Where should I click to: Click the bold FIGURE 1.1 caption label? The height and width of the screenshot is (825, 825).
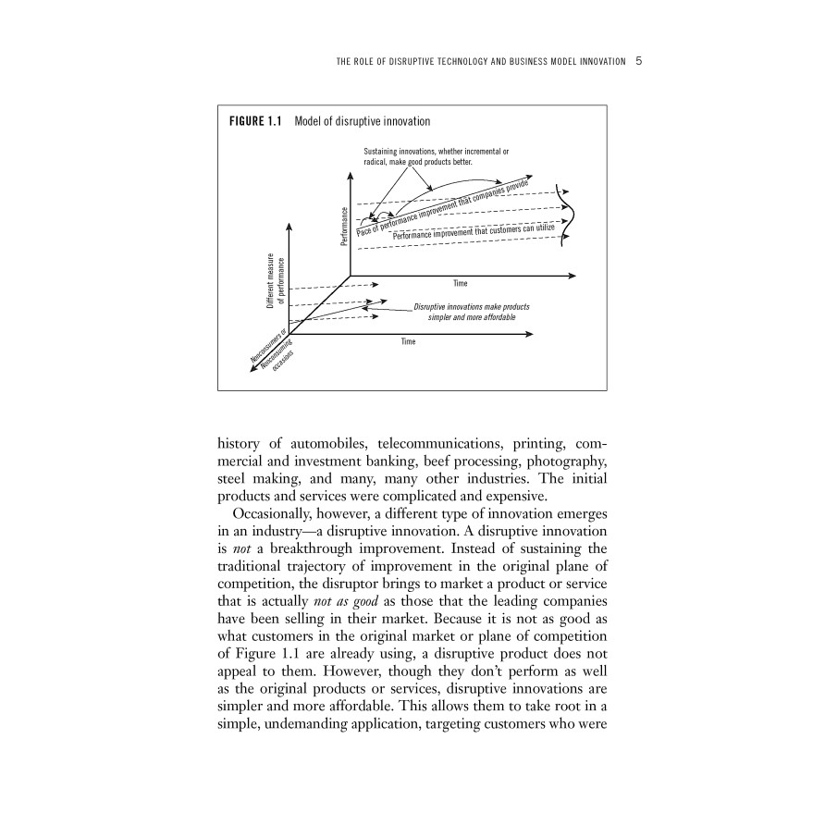[256, 121]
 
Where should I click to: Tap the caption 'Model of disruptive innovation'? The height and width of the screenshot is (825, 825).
[362, 121]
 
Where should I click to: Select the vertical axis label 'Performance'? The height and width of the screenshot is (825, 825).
[344, 226]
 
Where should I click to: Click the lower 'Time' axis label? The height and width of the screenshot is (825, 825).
[408, 341]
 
